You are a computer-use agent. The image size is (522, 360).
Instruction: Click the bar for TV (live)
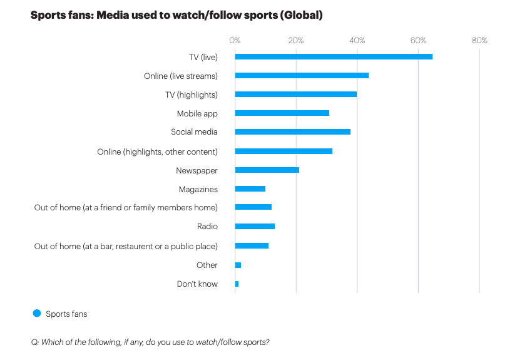click(334, 57)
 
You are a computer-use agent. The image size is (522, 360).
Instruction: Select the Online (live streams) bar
click(302, 76)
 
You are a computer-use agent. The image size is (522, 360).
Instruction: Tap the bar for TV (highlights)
click(295, 95)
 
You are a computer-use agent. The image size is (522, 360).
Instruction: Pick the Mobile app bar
click(282, 113)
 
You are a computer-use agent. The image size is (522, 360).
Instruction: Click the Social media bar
click(292, 132)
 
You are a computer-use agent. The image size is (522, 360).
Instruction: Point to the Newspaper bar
click(267, 170)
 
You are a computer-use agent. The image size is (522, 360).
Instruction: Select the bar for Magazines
click(250, 188)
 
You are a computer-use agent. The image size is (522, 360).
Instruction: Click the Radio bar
click(255, 226)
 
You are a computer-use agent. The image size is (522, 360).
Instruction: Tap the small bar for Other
click(238, 265)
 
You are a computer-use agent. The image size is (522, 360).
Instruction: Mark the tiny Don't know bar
click(237, 284)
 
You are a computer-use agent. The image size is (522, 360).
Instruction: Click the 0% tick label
click(235, 41)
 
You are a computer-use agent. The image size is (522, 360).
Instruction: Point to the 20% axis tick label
click(296, 41)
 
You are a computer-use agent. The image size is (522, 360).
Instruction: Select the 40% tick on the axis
click(357, 41)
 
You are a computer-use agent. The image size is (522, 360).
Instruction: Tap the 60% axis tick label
click(418, 41)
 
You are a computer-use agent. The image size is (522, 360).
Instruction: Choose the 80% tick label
click(479, 41)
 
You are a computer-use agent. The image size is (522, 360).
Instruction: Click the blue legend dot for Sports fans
click(36, 314)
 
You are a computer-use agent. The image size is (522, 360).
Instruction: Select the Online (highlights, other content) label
click(157, 152)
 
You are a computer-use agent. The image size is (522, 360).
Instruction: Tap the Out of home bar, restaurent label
click(126, 246)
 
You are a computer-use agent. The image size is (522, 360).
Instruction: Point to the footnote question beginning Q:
click(150, 342)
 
